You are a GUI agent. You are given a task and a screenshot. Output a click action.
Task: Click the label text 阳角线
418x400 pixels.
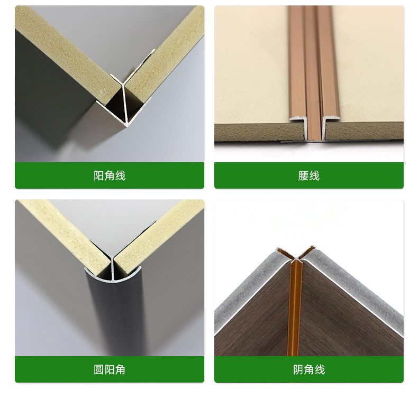pyautogui.click(x=110, y=176)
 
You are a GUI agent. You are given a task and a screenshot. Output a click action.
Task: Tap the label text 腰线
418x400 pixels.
pyautogui.click(x=308, y=176)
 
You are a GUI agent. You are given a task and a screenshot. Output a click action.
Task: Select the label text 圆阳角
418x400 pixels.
pyautogui.click(x=110, y=370)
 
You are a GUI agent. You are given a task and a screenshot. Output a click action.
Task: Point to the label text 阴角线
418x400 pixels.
pyautogui.click(x=309, y=370)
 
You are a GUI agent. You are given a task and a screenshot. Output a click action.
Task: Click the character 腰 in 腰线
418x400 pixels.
pyautogui.click(x=303, y=176)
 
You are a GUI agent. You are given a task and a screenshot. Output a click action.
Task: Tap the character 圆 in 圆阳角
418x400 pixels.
pyautogui.click(x=99, y=370)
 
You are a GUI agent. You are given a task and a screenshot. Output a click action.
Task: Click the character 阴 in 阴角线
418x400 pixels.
pyautogui.click(x=298, y=370)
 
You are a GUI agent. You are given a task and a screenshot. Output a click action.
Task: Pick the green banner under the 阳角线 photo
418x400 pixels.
pyautogui.click(x=53, y=176)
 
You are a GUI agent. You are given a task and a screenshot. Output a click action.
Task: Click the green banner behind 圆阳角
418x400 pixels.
pyautogui.click(x=53, y=370)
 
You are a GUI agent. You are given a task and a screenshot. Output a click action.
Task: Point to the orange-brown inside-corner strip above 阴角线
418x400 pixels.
pyautogui.click(x=294, y=312)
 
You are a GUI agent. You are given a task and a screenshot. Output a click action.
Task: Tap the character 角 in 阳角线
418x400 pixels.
pyautogui.click(x=110, y=176)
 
